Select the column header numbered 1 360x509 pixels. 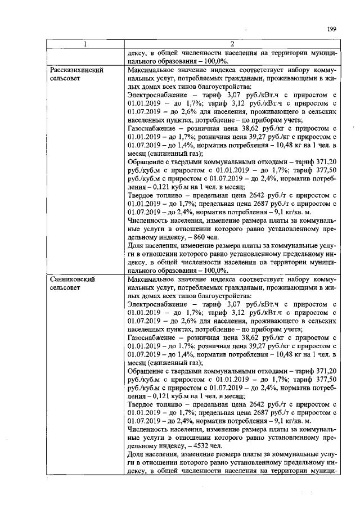point(84,44)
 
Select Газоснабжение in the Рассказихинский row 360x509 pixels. point(151,145)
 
